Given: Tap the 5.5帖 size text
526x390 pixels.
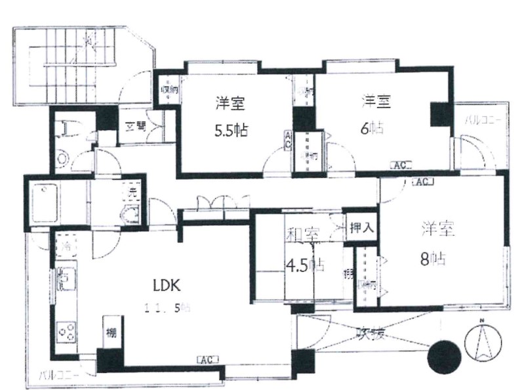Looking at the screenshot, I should coord(230,129).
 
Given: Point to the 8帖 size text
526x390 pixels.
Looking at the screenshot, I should coord(434,259).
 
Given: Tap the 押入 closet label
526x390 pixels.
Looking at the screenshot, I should coord(361,228).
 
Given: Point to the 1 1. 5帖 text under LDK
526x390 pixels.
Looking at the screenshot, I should coord(169,307).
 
